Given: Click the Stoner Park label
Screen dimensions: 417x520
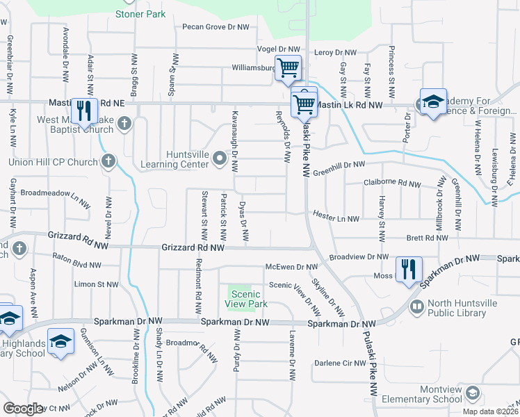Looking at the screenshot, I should click(x=140, y=14).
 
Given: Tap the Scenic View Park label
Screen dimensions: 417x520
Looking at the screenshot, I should click(x=248, y=299).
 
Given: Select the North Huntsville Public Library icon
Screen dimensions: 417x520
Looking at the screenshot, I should click(x=417, y=306).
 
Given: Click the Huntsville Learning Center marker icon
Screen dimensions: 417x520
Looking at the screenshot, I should click(x=220, y=159).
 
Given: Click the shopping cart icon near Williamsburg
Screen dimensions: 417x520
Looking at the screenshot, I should click(x=288, y=68).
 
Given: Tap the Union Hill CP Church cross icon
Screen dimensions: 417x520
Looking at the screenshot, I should click(x=108, y=162).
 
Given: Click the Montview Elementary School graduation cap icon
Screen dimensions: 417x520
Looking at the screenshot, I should click(x=473, y=393).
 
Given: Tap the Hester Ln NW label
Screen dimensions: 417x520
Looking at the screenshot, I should click(x=336, y=218).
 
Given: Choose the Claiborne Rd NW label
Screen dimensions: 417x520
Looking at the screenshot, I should click(x=392, y=183).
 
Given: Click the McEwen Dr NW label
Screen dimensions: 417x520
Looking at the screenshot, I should click(x=291, y=267).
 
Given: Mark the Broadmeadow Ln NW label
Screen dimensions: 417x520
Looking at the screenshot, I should click(x=56, y=195).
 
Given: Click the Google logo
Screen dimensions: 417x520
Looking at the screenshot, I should click(x=23, y=408).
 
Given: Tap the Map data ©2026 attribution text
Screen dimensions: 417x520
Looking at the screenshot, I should click(x=490, y=411).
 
